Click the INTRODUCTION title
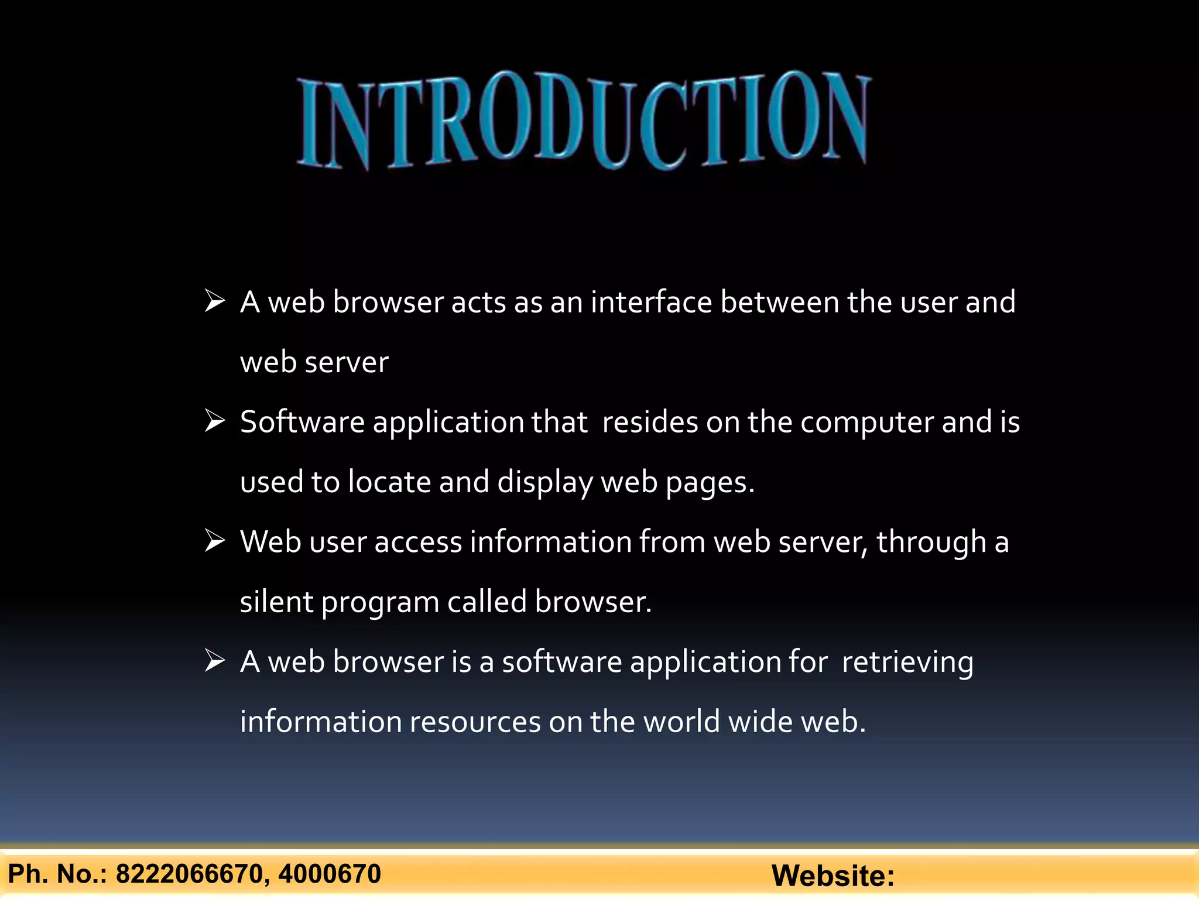[x=584, y=120]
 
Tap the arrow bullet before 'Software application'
[x=215, y=421]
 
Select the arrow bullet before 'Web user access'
[x=215, y=541]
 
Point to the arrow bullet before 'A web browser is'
[x=215, y=661]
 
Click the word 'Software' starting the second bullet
[x=302, y=422]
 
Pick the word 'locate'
[x=389, y=482]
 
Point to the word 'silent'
[x=276, y=602]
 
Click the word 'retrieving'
[x=907, y=663]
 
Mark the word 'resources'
[x=475, y=722]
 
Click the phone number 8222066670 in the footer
[x=189, y=874]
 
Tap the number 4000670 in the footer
[x=330, y=874]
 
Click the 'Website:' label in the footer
[x=833, y=876]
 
